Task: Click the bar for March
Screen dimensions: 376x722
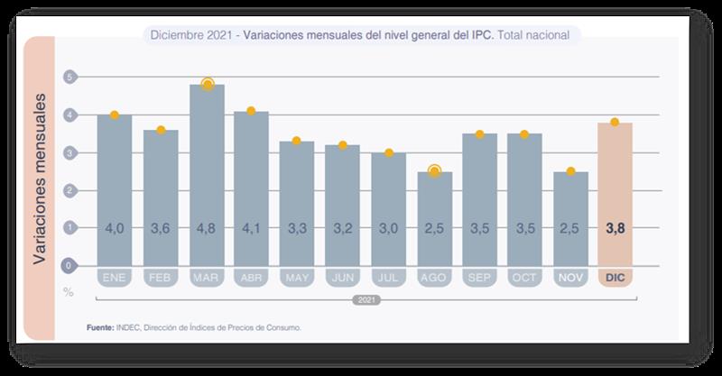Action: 207,171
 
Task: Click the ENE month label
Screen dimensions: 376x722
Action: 115,277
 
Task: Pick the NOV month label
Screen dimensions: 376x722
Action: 569,277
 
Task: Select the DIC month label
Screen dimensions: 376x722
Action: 616,277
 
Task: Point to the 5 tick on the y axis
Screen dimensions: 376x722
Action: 69,78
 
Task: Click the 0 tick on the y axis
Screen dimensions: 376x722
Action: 69,265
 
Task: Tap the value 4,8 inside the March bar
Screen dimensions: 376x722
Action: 207,229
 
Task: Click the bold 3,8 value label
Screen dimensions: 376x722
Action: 616,229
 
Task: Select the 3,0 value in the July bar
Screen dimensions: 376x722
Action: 388,229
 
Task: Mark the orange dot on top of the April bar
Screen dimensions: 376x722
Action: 251,111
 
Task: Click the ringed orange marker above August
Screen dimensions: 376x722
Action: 433,170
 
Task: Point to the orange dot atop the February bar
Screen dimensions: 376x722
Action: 161,130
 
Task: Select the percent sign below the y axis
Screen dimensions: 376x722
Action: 68,291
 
